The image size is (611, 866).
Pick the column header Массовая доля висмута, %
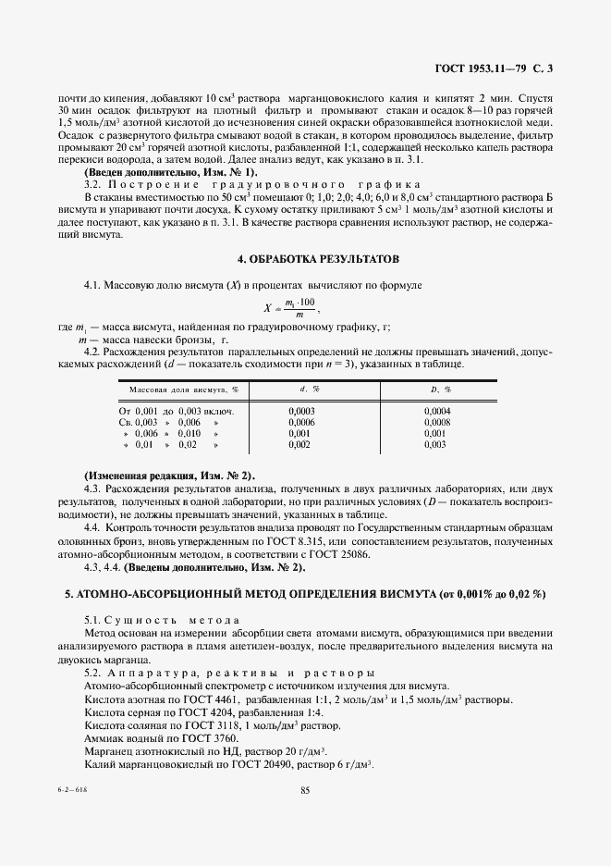pos(183,390)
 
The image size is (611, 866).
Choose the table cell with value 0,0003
pos(301,409)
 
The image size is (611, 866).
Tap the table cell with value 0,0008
pos(437,421)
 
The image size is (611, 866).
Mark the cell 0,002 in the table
pos(299,444)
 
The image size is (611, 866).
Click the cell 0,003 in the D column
pos(435,444)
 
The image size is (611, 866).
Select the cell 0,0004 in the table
pos(437,409)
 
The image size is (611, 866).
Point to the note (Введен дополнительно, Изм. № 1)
pos(171,172)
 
